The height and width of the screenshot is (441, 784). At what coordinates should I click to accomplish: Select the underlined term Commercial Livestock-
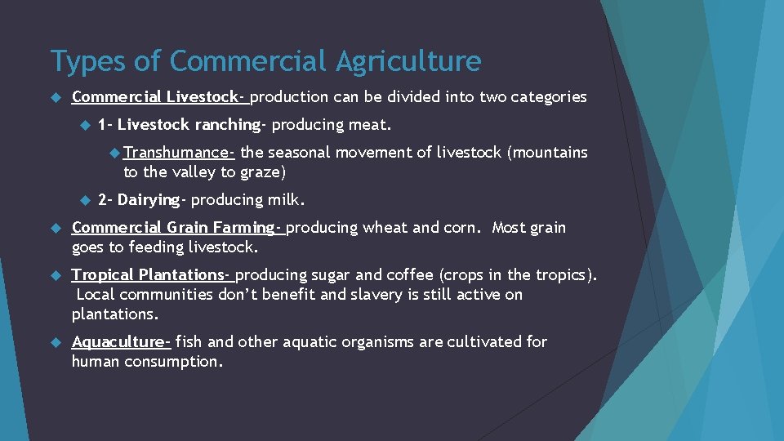(159, 97)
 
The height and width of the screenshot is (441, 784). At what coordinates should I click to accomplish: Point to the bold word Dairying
(148, 199)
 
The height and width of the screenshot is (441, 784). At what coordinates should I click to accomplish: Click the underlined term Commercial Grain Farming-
(177, 227)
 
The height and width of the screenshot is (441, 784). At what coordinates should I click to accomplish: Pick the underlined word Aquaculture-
(121, 341)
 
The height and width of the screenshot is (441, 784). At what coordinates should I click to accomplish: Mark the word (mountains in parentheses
(548, 152)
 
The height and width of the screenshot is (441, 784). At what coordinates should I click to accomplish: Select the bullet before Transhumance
(115, 152)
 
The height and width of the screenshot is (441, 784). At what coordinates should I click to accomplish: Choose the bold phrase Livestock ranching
(189, 125)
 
